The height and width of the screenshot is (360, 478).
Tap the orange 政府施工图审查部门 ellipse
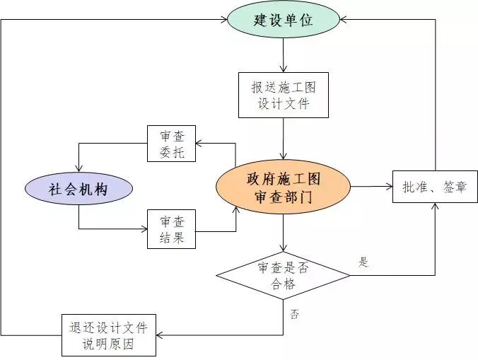tap(283, 187)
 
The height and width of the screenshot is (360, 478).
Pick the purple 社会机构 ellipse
tap(79, 189)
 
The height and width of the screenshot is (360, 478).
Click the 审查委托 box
tap(171, 144)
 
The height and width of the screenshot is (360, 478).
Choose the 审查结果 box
tap(171, 229)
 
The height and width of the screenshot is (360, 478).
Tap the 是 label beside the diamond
tap(364, 262)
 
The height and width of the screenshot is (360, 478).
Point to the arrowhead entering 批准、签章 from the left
tap(388, 187)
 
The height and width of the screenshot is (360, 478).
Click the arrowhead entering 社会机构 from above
tap(78, 170)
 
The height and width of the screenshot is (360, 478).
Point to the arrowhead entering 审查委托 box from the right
tap(199, 144)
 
